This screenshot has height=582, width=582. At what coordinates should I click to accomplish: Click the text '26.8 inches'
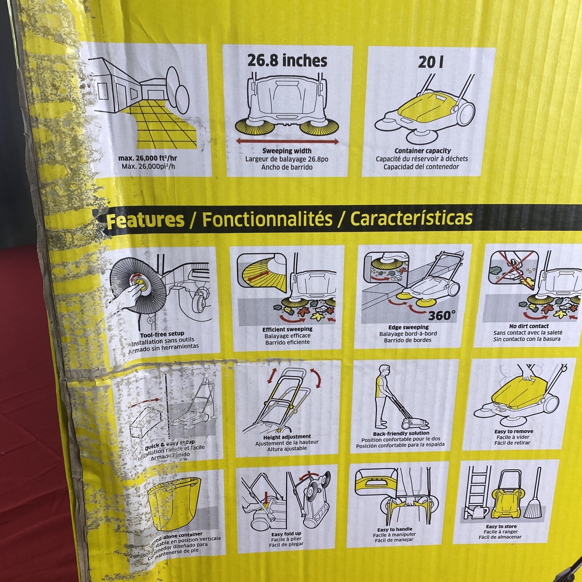[287, 60]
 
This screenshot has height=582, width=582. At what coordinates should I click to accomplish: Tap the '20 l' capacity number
[430, 62]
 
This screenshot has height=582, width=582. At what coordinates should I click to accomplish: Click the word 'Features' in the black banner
[145, 220]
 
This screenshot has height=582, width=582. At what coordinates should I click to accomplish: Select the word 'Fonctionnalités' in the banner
[267, 219]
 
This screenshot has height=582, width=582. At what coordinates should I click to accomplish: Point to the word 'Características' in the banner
[411, 218]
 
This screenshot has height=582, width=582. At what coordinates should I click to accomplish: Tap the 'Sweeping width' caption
[287, 151]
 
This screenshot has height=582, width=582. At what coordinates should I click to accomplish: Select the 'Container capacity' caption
[422, 151]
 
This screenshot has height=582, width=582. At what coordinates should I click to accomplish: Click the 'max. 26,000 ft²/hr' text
[148, 159]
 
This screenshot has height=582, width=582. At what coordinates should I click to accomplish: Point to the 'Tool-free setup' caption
[162, 334]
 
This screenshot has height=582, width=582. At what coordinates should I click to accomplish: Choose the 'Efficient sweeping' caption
[287, 330]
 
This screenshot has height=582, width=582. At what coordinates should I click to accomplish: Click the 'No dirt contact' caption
[529, 326]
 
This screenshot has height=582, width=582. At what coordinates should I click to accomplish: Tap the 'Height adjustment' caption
[287, 437]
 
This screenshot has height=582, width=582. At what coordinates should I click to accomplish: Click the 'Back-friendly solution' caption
[401, 434]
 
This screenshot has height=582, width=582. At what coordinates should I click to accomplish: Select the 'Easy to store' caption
[501, 526]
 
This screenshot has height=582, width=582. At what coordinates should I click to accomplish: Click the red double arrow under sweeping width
[287, 141]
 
